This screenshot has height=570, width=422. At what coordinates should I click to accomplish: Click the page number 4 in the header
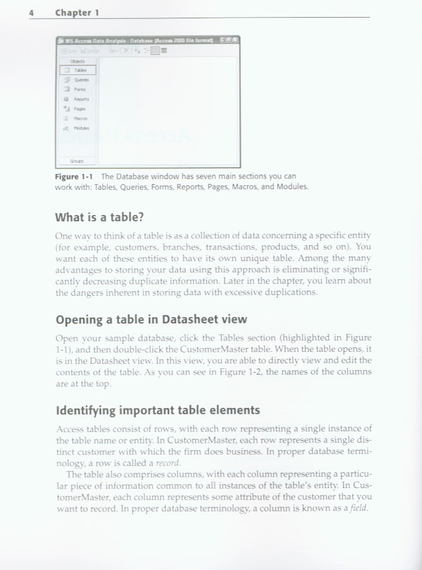(31, 13)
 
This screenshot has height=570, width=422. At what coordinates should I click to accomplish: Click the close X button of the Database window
(236, 40)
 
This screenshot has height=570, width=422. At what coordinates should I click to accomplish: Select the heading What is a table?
(100, 218)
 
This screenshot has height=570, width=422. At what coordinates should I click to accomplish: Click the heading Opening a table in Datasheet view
(151, 319)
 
